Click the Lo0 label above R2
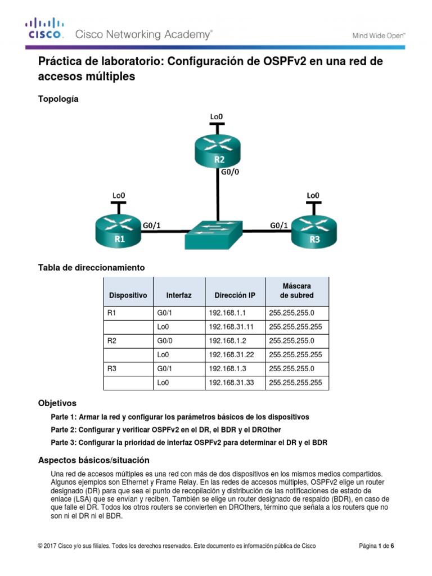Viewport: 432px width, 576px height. (x=216, y=116)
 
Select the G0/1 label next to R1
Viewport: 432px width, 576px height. (x=152, y=225)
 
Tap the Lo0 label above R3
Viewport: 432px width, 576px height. (x=313, y=195)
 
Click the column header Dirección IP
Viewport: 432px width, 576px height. (x=235, y=295)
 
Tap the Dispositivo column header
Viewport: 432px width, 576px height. (x=128, y=295)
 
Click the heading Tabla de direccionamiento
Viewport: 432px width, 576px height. (x=91, y=268)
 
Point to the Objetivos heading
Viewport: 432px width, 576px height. (x=57, y=403)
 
